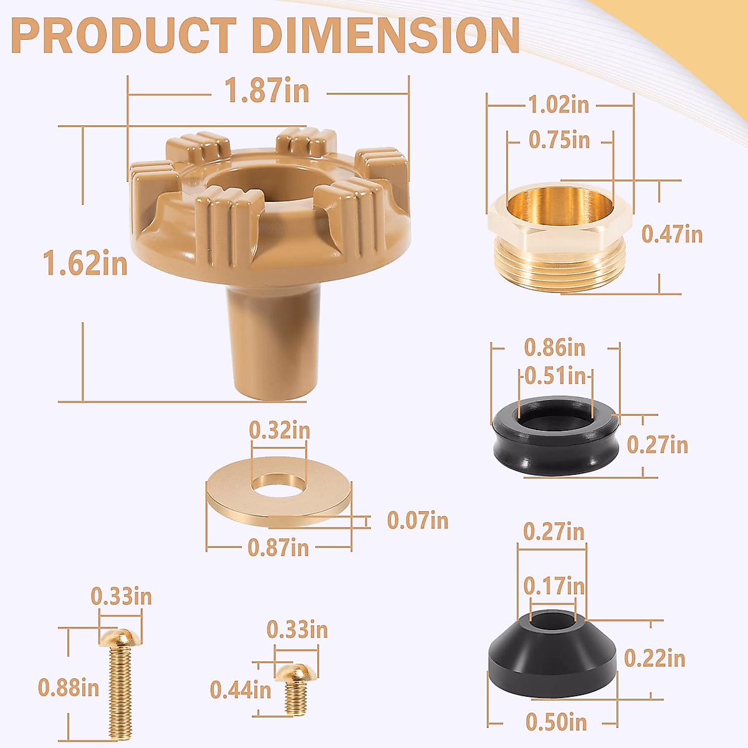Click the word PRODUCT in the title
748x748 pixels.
(123, 35)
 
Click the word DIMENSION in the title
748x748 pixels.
(386, 35)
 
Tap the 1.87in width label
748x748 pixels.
(267, 90)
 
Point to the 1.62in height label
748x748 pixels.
(85, 263)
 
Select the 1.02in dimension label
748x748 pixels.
(559, 105)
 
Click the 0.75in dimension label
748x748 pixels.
(559, 140)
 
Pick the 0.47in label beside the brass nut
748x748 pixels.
(672, 234)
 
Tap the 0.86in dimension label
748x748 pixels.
(555, 347)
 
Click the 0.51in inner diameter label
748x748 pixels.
(555, 376)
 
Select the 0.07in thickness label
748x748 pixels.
(418, 520)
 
